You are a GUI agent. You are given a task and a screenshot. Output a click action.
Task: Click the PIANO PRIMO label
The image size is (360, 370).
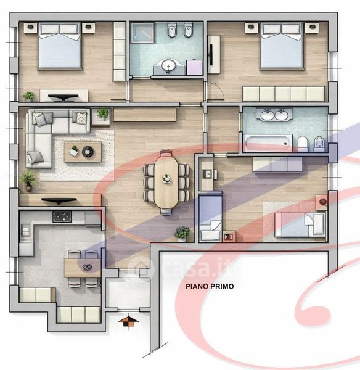point(210,286)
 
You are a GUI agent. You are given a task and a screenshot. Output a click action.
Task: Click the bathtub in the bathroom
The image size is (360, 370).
point(268,143)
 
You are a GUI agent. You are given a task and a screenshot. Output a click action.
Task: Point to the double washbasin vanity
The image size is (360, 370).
point(274,115)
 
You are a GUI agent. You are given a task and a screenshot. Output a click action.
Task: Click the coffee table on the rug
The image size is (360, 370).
point(83,152)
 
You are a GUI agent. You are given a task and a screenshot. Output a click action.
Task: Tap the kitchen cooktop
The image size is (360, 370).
point(62,216)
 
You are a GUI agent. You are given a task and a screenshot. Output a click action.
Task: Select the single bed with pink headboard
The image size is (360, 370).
point(301,224)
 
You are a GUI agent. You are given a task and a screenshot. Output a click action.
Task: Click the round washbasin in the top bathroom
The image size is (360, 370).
point(168,65)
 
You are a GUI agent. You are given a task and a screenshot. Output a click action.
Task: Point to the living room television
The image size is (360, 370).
point(59,200)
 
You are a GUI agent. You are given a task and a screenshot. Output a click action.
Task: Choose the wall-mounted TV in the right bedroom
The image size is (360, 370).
point(210,55)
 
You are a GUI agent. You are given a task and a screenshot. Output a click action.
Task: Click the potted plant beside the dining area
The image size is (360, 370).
point(182,234)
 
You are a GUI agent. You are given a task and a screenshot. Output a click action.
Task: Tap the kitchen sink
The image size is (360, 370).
point(25,230)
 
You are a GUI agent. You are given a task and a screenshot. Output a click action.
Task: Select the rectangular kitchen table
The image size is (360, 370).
point(83,268)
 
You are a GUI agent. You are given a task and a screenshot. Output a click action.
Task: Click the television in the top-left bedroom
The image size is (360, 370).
point(63,97)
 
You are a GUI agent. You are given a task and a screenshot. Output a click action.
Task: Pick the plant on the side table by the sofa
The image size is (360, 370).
point(103,113)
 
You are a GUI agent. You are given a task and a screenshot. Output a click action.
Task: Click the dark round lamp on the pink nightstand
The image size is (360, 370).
point(323,202)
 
